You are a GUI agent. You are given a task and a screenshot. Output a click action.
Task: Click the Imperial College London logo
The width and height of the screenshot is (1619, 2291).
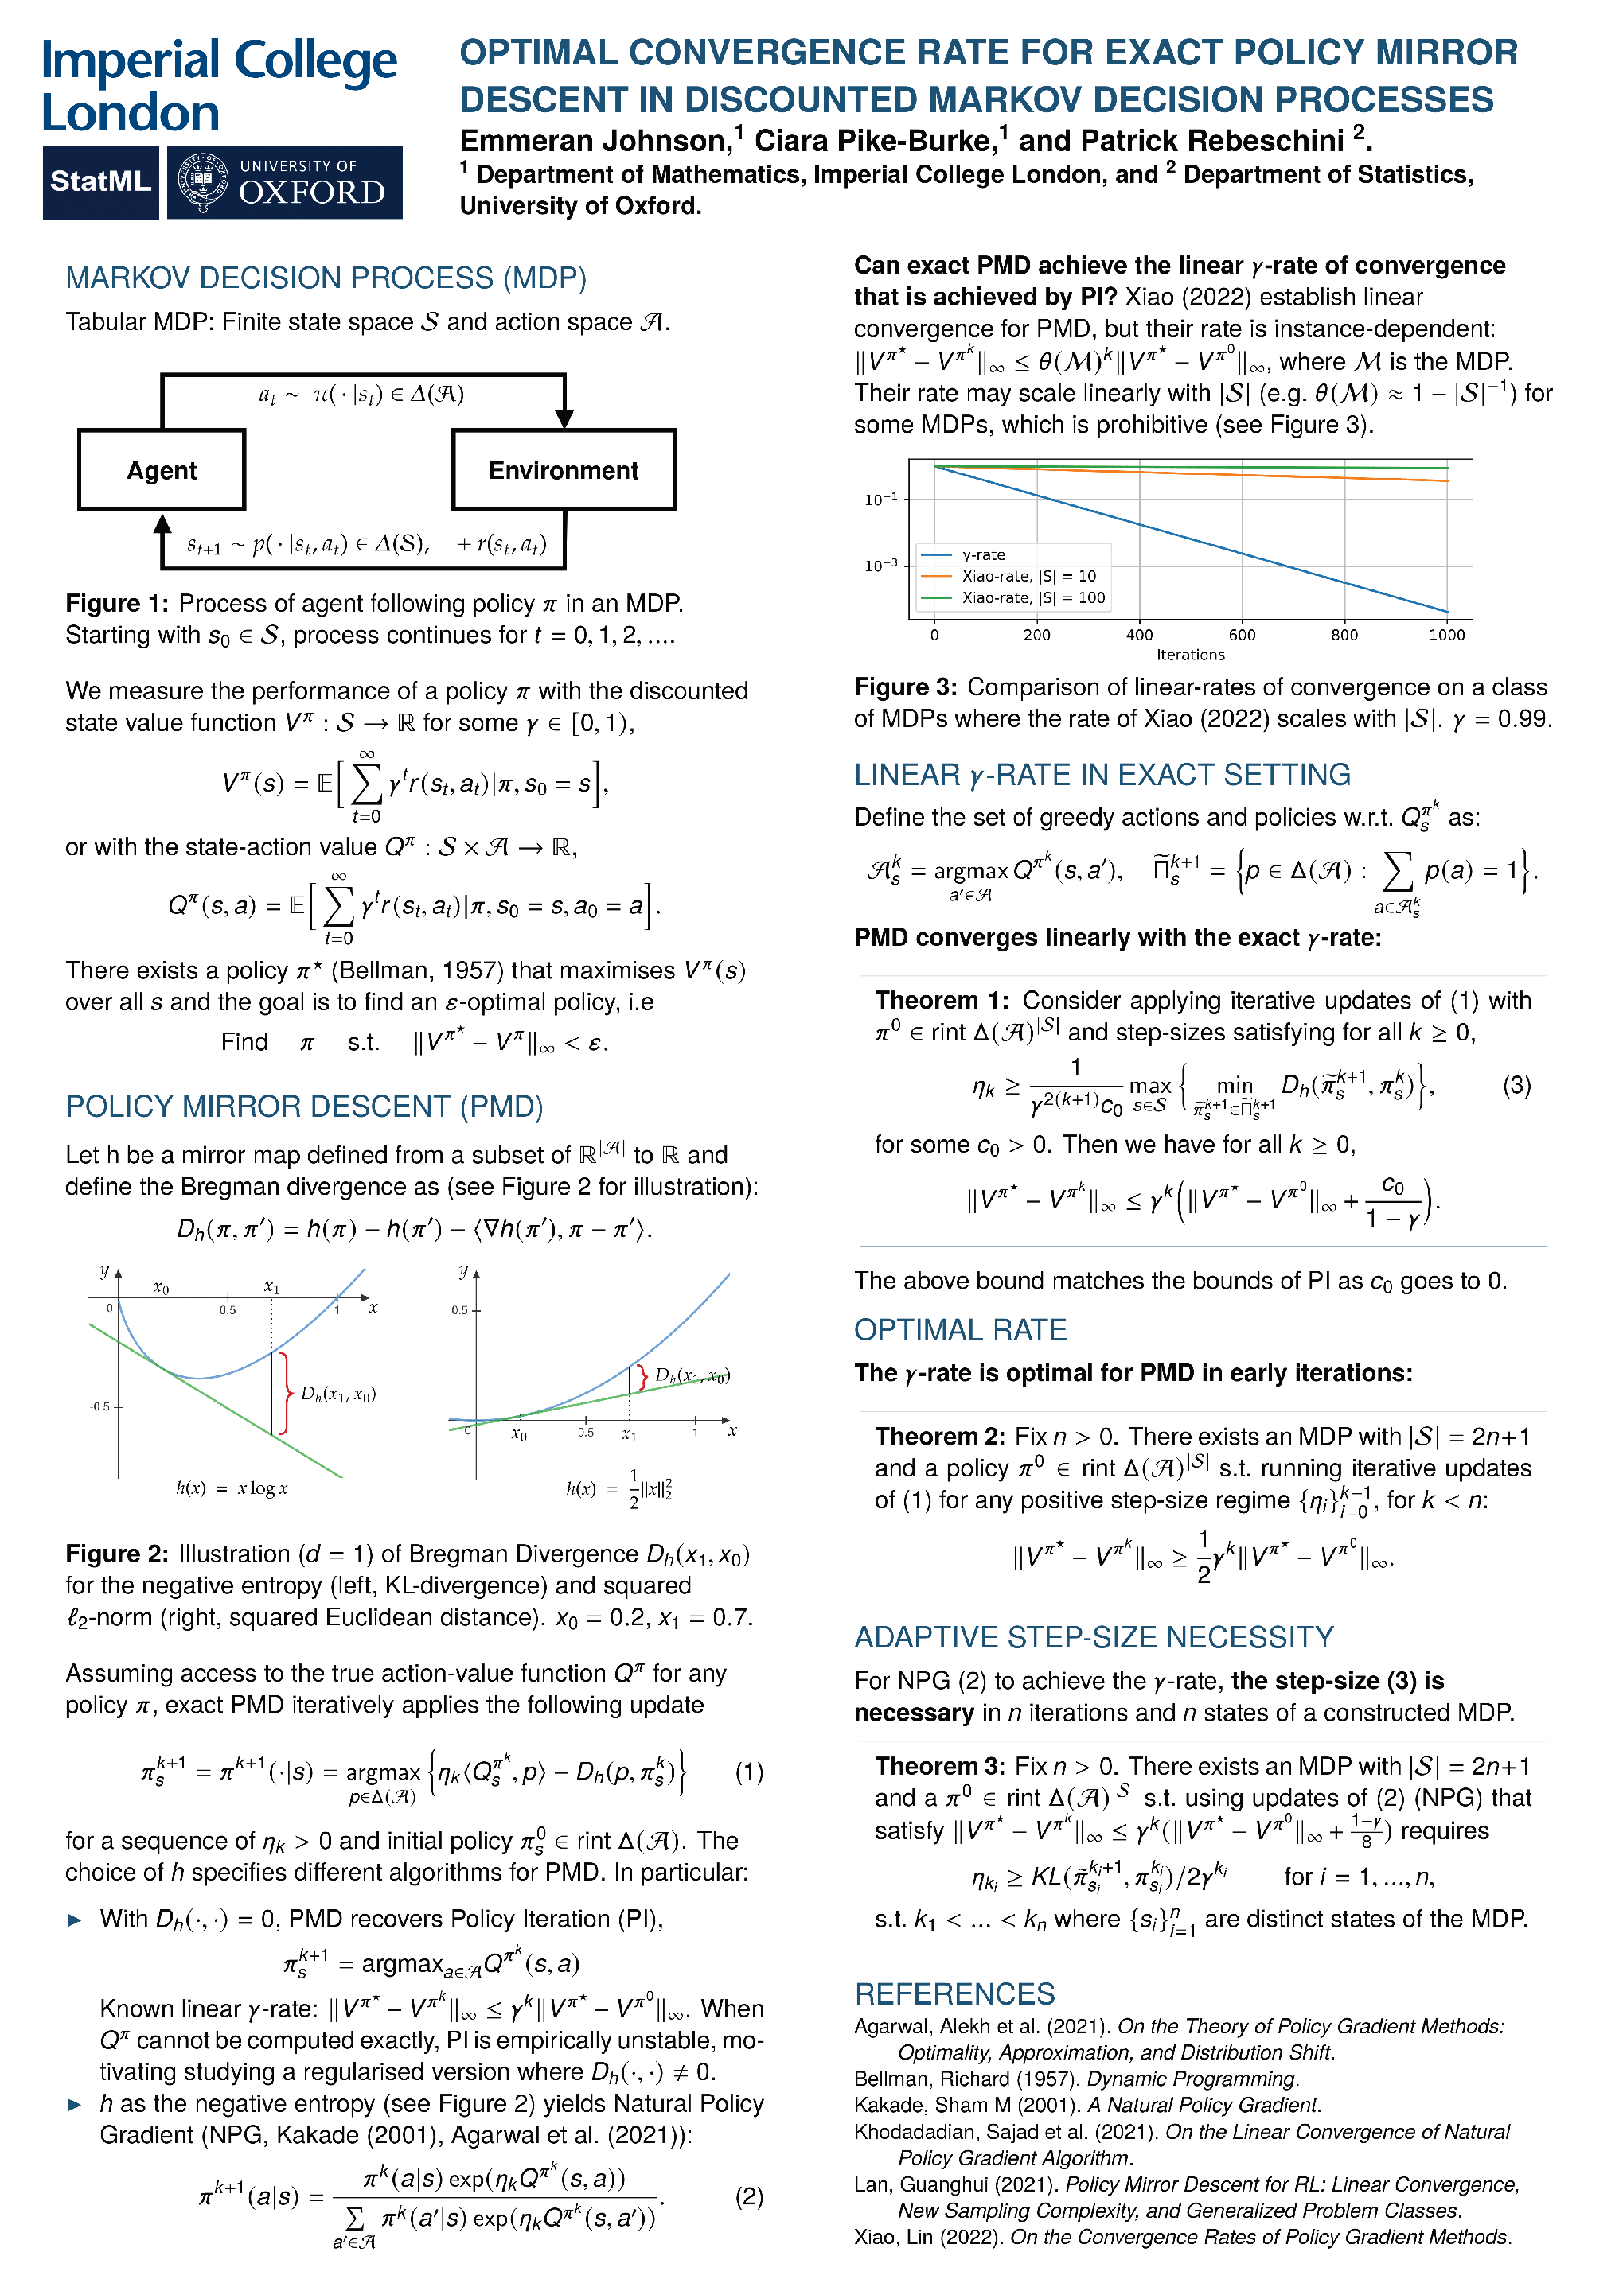pos(219,86)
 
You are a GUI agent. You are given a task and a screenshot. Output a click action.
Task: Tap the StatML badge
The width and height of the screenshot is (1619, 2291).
pos(99,181)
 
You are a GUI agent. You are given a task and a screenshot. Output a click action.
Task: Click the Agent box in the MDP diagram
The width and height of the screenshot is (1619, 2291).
pos(162,470)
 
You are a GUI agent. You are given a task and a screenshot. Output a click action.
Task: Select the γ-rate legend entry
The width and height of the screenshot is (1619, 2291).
pos(983,554)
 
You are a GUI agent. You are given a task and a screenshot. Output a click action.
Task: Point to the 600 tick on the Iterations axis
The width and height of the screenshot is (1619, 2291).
pos(1242,635)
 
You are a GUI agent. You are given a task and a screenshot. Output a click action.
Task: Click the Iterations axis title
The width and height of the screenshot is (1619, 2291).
pos(1190,655)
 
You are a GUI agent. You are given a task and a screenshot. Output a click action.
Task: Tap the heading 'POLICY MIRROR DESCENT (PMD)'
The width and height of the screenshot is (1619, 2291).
pos(304,1107)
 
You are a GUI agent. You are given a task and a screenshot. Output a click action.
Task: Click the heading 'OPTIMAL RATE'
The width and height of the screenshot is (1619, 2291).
pos(960,1330)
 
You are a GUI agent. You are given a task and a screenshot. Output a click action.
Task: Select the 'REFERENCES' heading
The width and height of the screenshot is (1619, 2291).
pos(954,1993)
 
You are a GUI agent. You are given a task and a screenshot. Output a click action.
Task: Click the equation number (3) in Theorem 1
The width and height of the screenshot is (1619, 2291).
pos(1516,1084)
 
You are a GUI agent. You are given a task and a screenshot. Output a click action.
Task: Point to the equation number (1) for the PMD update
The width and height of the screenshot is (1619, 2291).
pos(749,1772)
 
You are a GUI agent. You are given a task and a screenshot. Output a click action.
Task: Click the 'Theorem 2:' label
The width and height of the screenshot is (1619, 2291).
pos(939,1436)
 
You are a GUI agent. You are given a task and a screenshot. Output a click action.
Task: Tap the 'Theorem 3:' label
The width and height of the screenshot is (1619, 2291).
pos(939,1766)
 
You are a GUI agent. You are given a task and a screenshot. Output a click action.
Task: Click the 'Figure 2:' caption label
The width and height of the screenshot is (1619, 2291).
pos(117,1554)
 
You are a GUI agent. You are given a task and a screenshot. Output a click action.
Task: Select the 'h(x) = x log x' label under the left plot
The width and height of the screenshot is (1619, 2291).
pos(232,1488)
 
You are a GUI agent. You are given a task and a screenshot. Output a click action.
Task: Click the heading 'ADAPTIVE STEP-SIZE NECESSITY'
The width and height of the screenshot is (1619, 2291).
pos(1094,1637)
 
